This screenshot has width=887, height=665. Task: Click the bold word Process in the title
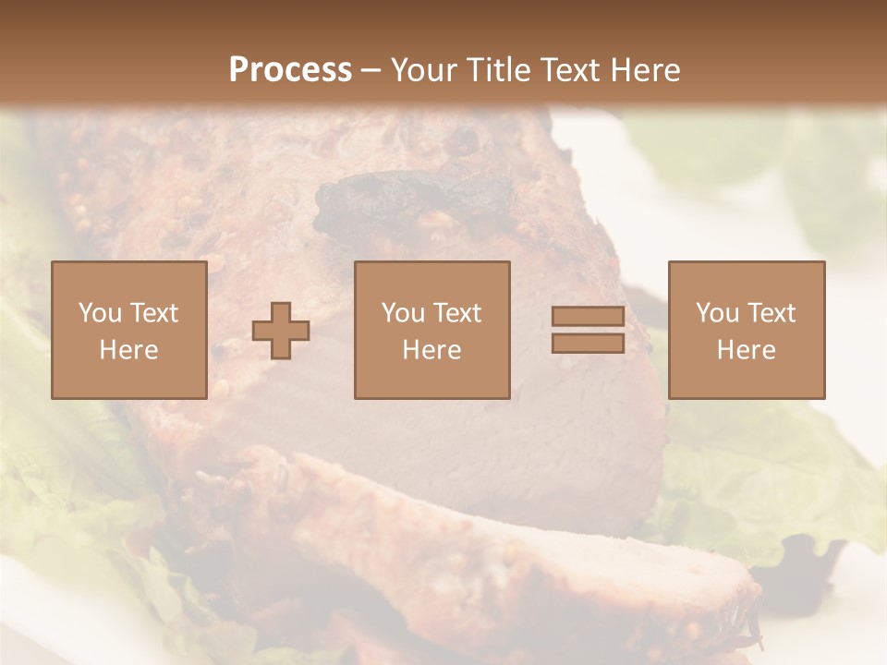tap(290, 70)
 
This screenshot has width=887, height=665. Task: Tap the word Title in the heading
tap(500, 70)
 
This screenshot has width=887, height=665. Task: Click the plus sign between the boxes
tap(281, 331)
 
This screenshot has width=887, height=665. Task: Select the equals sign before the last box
tap(588, 330)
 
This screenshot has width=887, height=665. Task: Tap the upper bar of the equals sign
tap(588, 317)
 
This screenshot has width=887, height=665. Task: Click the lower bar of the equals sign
tap(588, 343)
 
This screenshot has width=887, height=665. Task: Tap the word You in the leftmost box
tap(98, 313)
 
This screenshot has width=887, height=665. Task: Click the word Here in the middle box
tap(432, 350)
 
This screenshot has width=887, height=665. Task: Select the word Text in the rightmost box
tap(766, 313)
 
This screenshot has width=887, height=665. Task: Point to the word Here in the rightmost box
tap(747, 350)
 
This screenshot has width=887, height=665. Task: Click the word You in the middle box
tap(402, 313)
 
